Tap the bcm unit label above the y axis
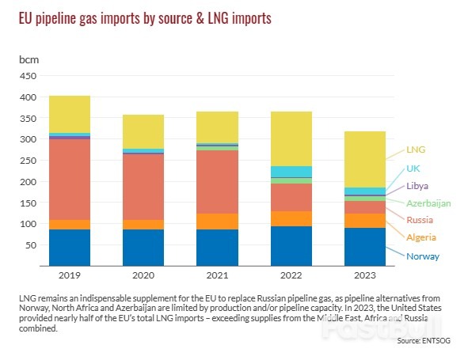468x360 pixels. tap(29, 59)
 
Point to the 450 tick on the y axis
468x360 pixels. tap(28, 76)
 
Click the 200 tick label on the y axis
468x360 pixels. tap(28, 182)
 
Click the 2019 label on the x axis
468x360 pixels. tap(70, 275)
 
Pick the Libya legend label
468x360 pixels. tap(418, 186)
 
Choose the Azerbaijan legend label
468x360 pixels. tap(428, 203)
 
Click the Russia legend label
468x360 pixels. tap(420, 219)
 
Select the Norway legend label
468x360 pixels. tap(422, 256)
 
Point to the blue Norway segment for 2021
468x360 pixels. tap(216, 247)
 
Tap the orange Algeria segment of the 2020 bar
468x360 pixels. tap(143, 225)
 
